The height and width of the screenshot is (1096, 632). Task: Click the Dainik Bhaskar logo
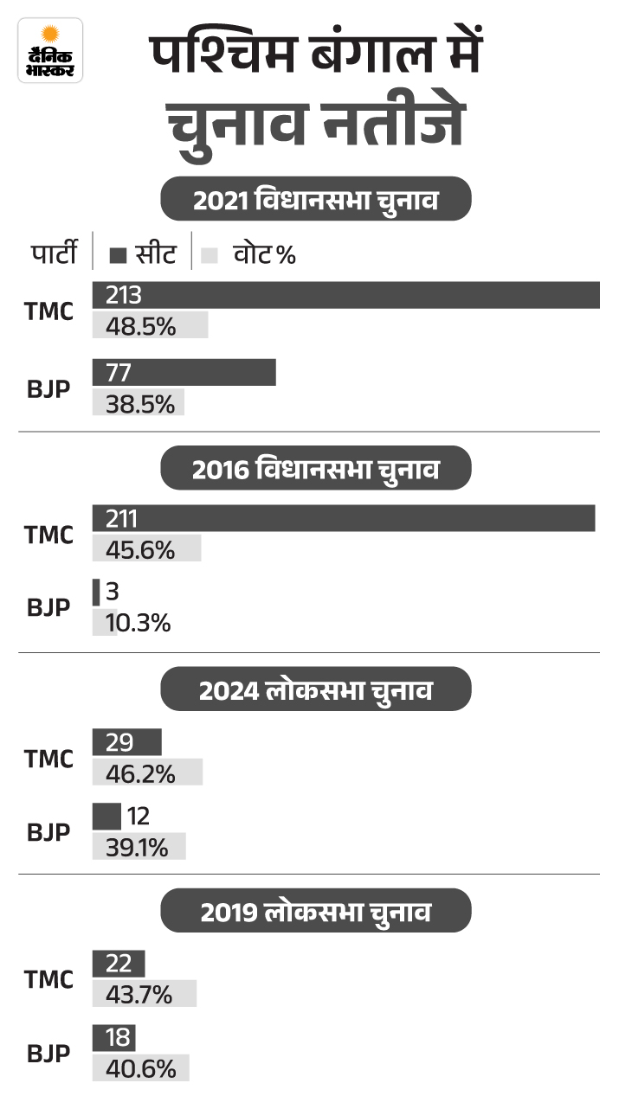coord(50,50)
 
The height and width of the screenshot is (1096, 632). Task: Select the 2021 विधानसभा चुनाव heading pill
coord(316,200)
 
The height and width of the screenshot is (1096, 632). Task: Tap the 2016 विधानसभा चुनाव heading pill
coord(316,470)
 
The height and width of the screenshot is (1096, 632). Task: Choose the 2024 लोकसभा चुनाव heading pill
coord(316,692)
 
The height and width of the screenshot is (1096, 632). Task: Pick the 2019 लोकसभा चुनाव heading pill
coord(316,913)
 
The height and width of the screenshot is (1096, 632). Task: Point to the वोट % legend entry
coord(249,254)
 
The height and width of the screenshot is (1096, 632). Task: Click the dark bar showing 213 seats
coord(346,295)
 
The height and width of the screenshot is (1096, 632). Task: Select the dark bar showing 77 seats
coord(184,373)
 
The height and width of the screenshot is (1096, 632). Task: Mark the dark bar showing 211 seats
coord(344,518)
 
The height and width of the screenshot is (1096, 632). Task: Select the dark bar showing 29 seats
coord(126,741)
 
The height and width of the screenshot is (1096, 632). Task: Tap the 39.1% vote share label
coord(137,847)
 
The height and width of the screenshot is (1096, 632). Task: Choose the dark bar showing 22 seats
coord(119,963)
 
